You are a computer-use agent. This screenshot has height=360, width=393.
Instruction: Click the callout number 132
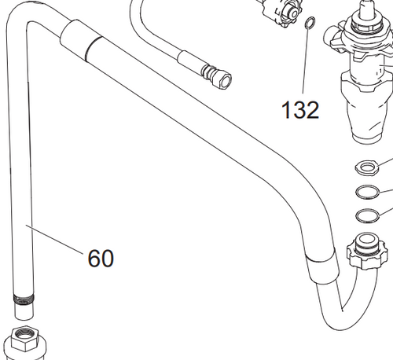click(301, 110)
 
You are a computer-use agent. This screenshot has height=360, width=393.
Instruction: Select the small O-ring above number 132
click(310, 24)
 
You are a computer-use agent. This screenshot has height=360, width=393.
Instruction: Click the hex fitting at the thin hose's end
click(217, 76)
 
